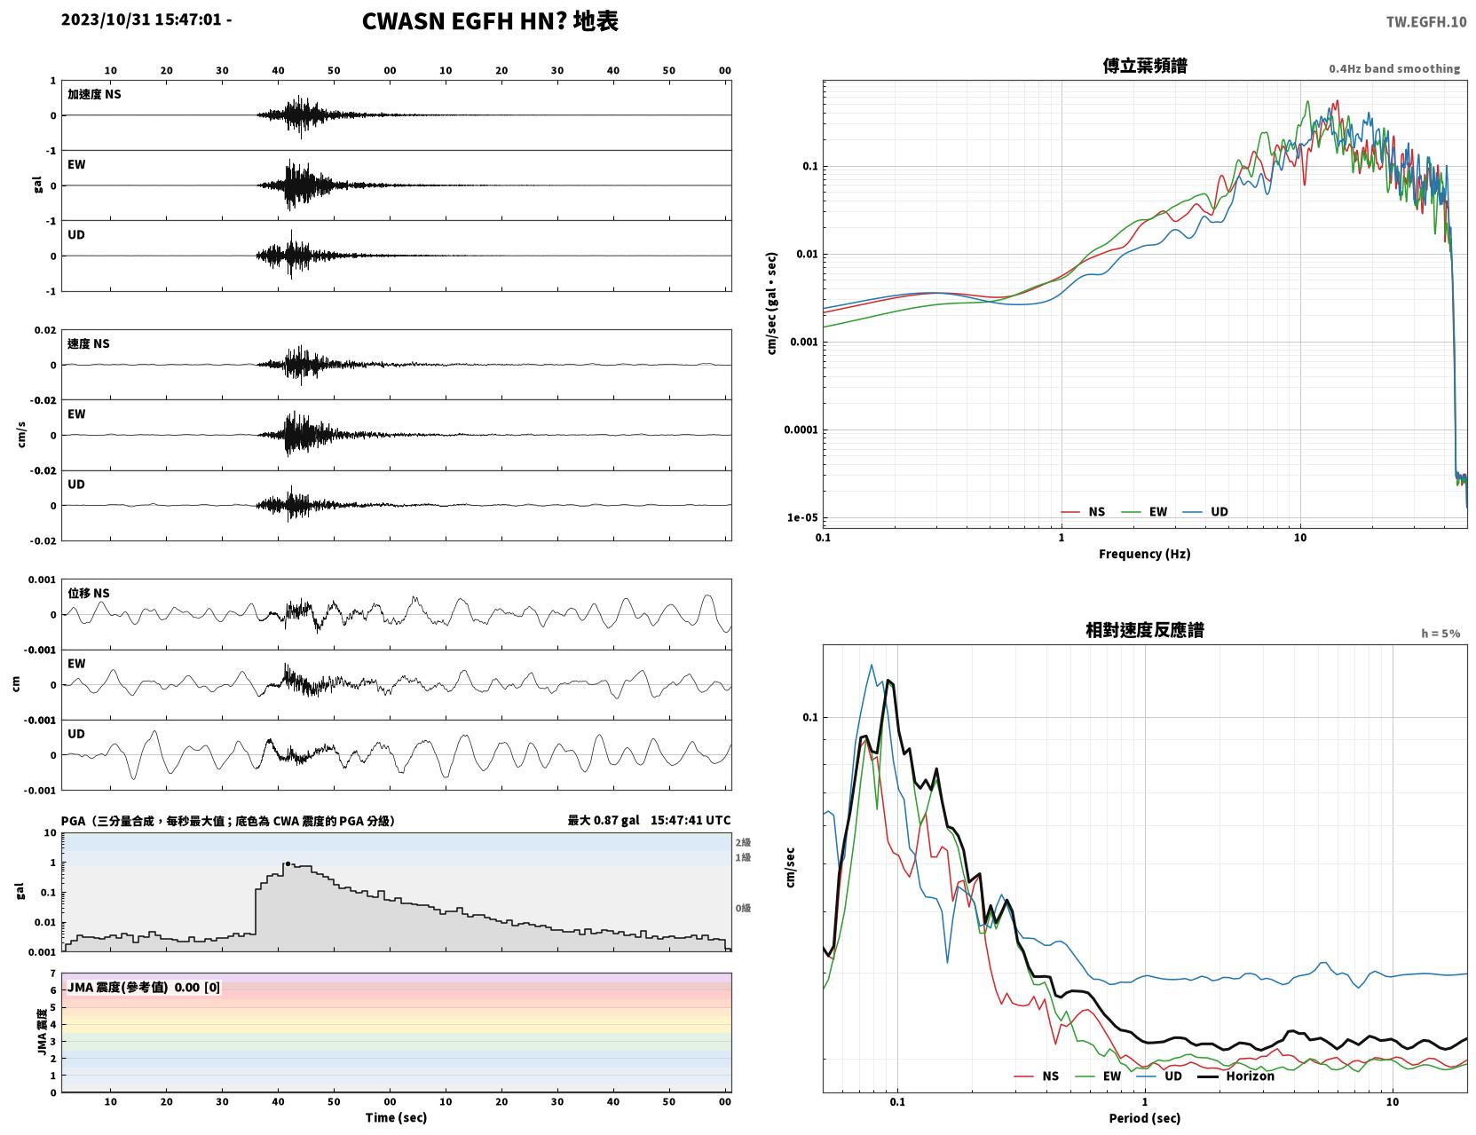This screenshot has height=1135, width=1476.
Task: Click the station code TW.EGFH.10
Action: [x=1425, y=21]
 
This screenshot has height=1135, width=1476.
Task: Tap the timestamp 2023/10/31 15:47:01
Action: [x=141, y=20]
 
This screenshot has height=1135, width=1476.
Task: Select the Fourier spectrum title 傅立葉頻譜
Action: [x=1144, y=66]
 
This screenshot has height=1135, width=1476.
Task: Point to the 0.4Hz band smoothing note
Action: [x=1393, y=68]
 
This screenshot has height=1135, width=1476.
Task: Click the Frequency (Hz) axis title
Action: [x=1144, y=554]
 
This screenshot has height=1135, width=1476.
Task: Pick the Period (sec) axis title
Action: [x=1144, y=1118]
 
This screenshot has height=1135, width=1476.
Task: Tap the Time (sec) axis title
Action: [x=396, y=1117]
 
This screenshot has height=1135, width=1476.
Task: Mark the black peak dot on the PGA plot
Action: [x=288, y=864]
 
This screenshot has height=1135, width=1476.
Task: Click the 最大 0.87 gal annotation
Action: [x=604, y=820]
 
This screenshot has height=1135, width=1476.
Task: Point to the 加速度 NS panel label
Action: [x=94, y=94]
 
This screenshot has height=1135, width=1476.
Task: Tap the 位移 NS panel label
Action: [x=88, y=594]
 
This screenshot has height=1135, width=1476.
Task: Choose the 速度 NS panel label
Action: [x=88, y=344]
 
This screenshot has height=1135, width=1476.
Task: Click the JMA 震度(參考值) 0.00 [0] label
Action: [x=143, y=987]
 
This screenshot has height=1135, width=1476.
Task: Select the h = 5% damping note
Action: [x=1440, y=634]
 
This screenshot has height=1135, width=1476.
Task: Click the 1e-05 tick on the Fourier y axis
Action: [x=802, y=518]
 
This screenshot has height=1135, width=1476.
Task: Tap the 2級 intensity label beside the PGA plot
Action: [x=743, y=842]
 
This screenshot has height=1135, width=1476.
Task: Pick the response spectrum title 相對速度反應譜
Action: [x=1144, y=630]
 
